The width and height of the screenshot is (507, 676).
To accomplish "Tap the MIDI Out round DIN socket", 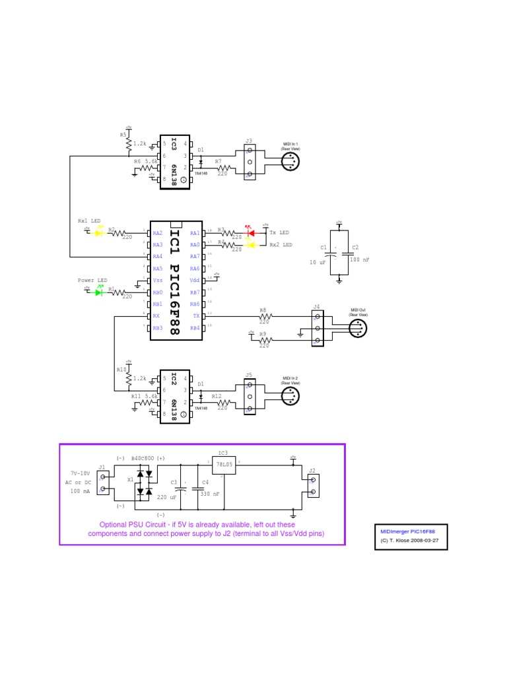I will pyautogui.click(x=359, y=327).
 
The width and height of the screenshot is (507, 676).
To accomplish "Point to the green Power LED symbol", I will pyautogui.click(x=100, y=292).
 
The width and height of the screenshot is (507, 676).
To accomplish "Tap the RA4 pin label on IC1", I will pyautogui.click(x=157, y=256).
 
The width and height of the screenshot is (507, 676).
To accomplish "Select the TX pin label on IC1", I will pyautogui.click(x=195, y=316).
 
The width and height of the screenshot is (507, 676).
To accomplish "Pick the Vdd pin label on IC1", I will pyautogui.click(x=195, y=280).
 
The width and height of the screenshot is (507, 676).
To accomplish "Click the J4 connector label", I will pyautogui.click(x=317, y=307).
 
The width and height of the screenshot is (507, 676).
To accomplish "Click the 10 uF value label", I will pyautogui.click(x=318, y=261).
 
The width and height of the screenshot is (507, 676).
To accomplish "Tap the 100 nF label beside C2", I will pyautogui.click(x=359, y=260).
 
